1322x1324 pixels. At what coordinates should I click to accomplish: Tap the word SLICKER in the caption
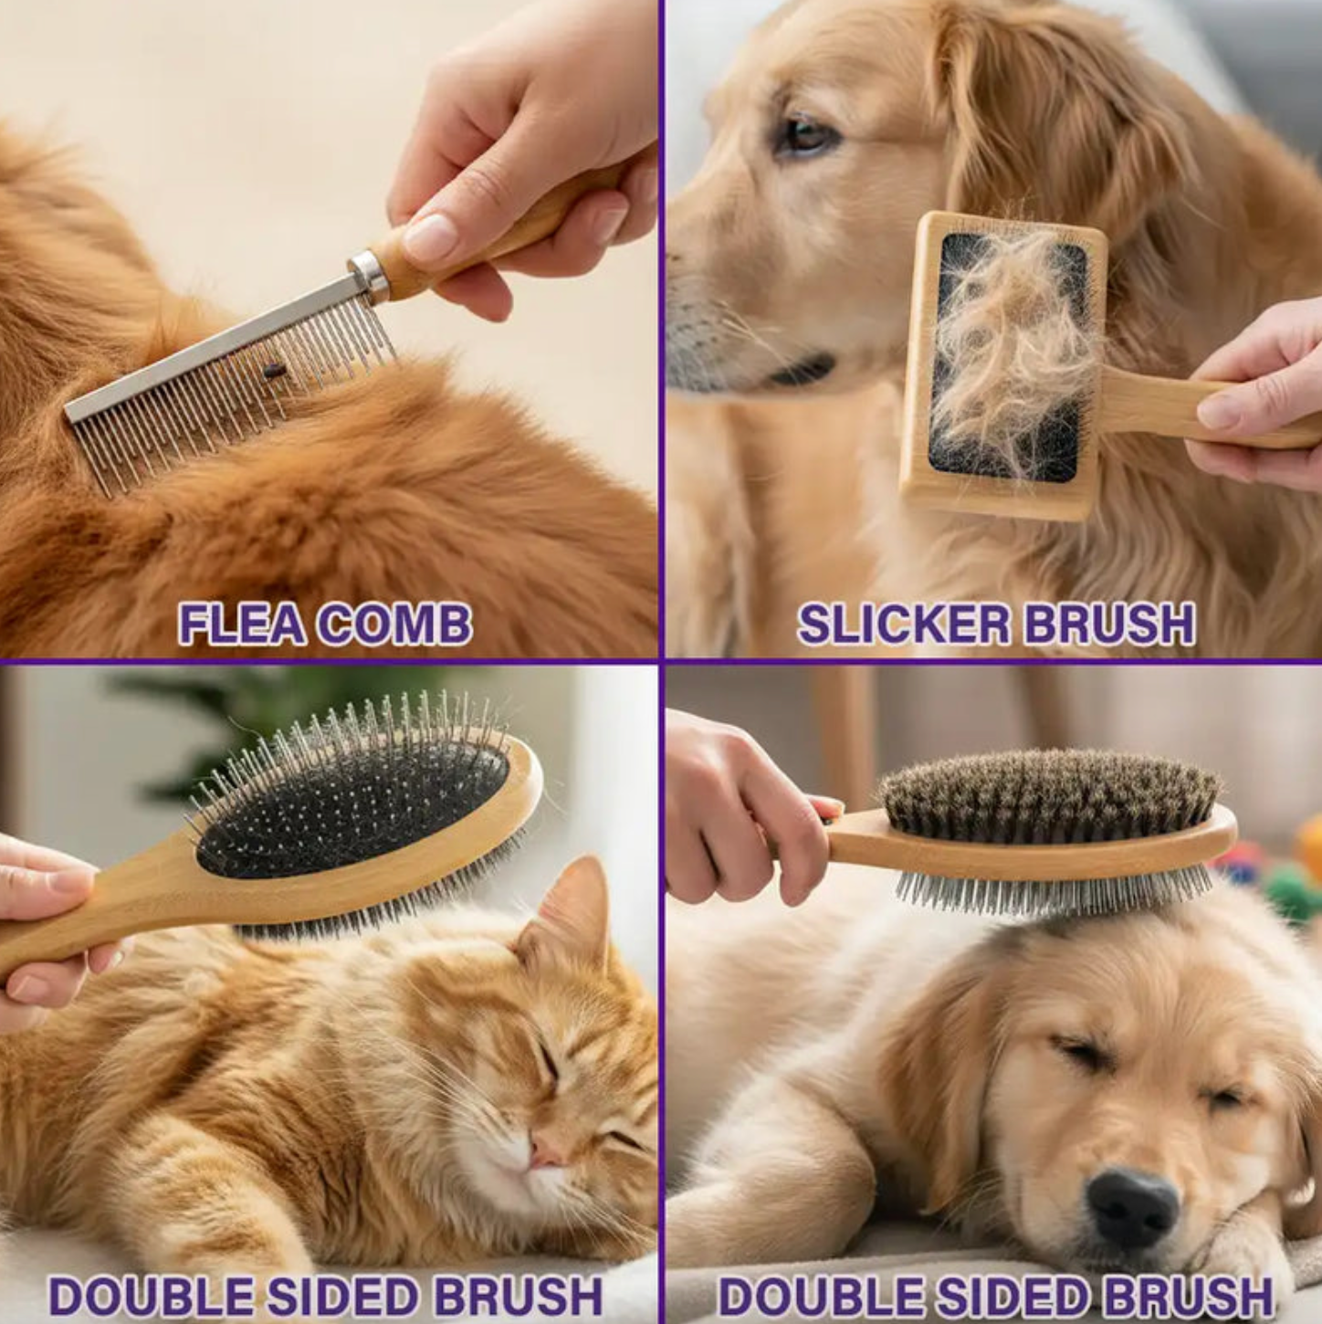click(904, 625)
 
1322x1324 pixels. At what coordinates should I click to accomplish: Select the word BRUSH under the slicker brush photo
click(1108, 625)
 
